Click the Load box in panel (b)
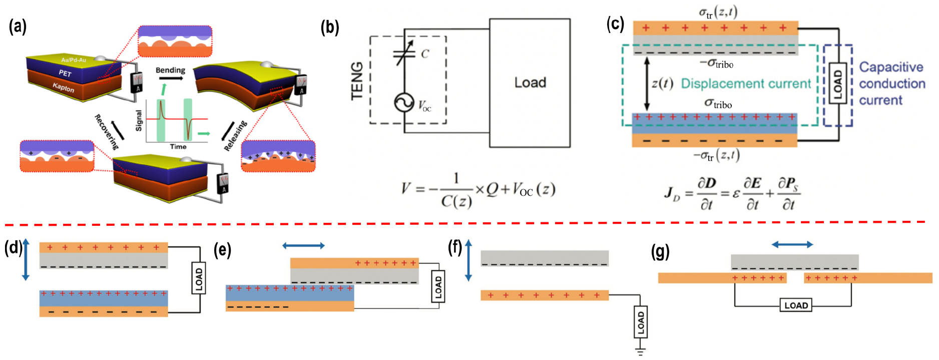pos(530,83)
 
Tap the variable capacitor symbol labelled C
pos(404,54)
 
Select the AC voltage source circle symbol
pos(404,103)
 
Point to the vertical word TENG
pos(357,81)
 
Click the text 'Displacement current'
pos(745,84)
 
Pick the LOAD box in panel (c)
pos(838,83)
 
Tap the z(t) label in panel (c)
pos(662,83)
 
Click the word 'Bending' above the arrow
pos(170,70)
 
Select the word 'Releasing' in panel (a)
pos(235,136)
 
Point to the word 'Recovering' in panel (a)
pos(107,132)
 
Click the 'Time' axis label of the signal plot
pos(178,147)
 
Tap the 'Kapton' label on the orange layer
pos(64,88)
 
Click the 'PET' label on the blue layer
pos(65,73)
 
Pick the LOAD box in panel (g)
pos(796,305)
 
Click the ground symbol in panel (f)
pos(640,350)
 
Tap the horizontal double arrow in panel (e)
pos(303,245)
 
